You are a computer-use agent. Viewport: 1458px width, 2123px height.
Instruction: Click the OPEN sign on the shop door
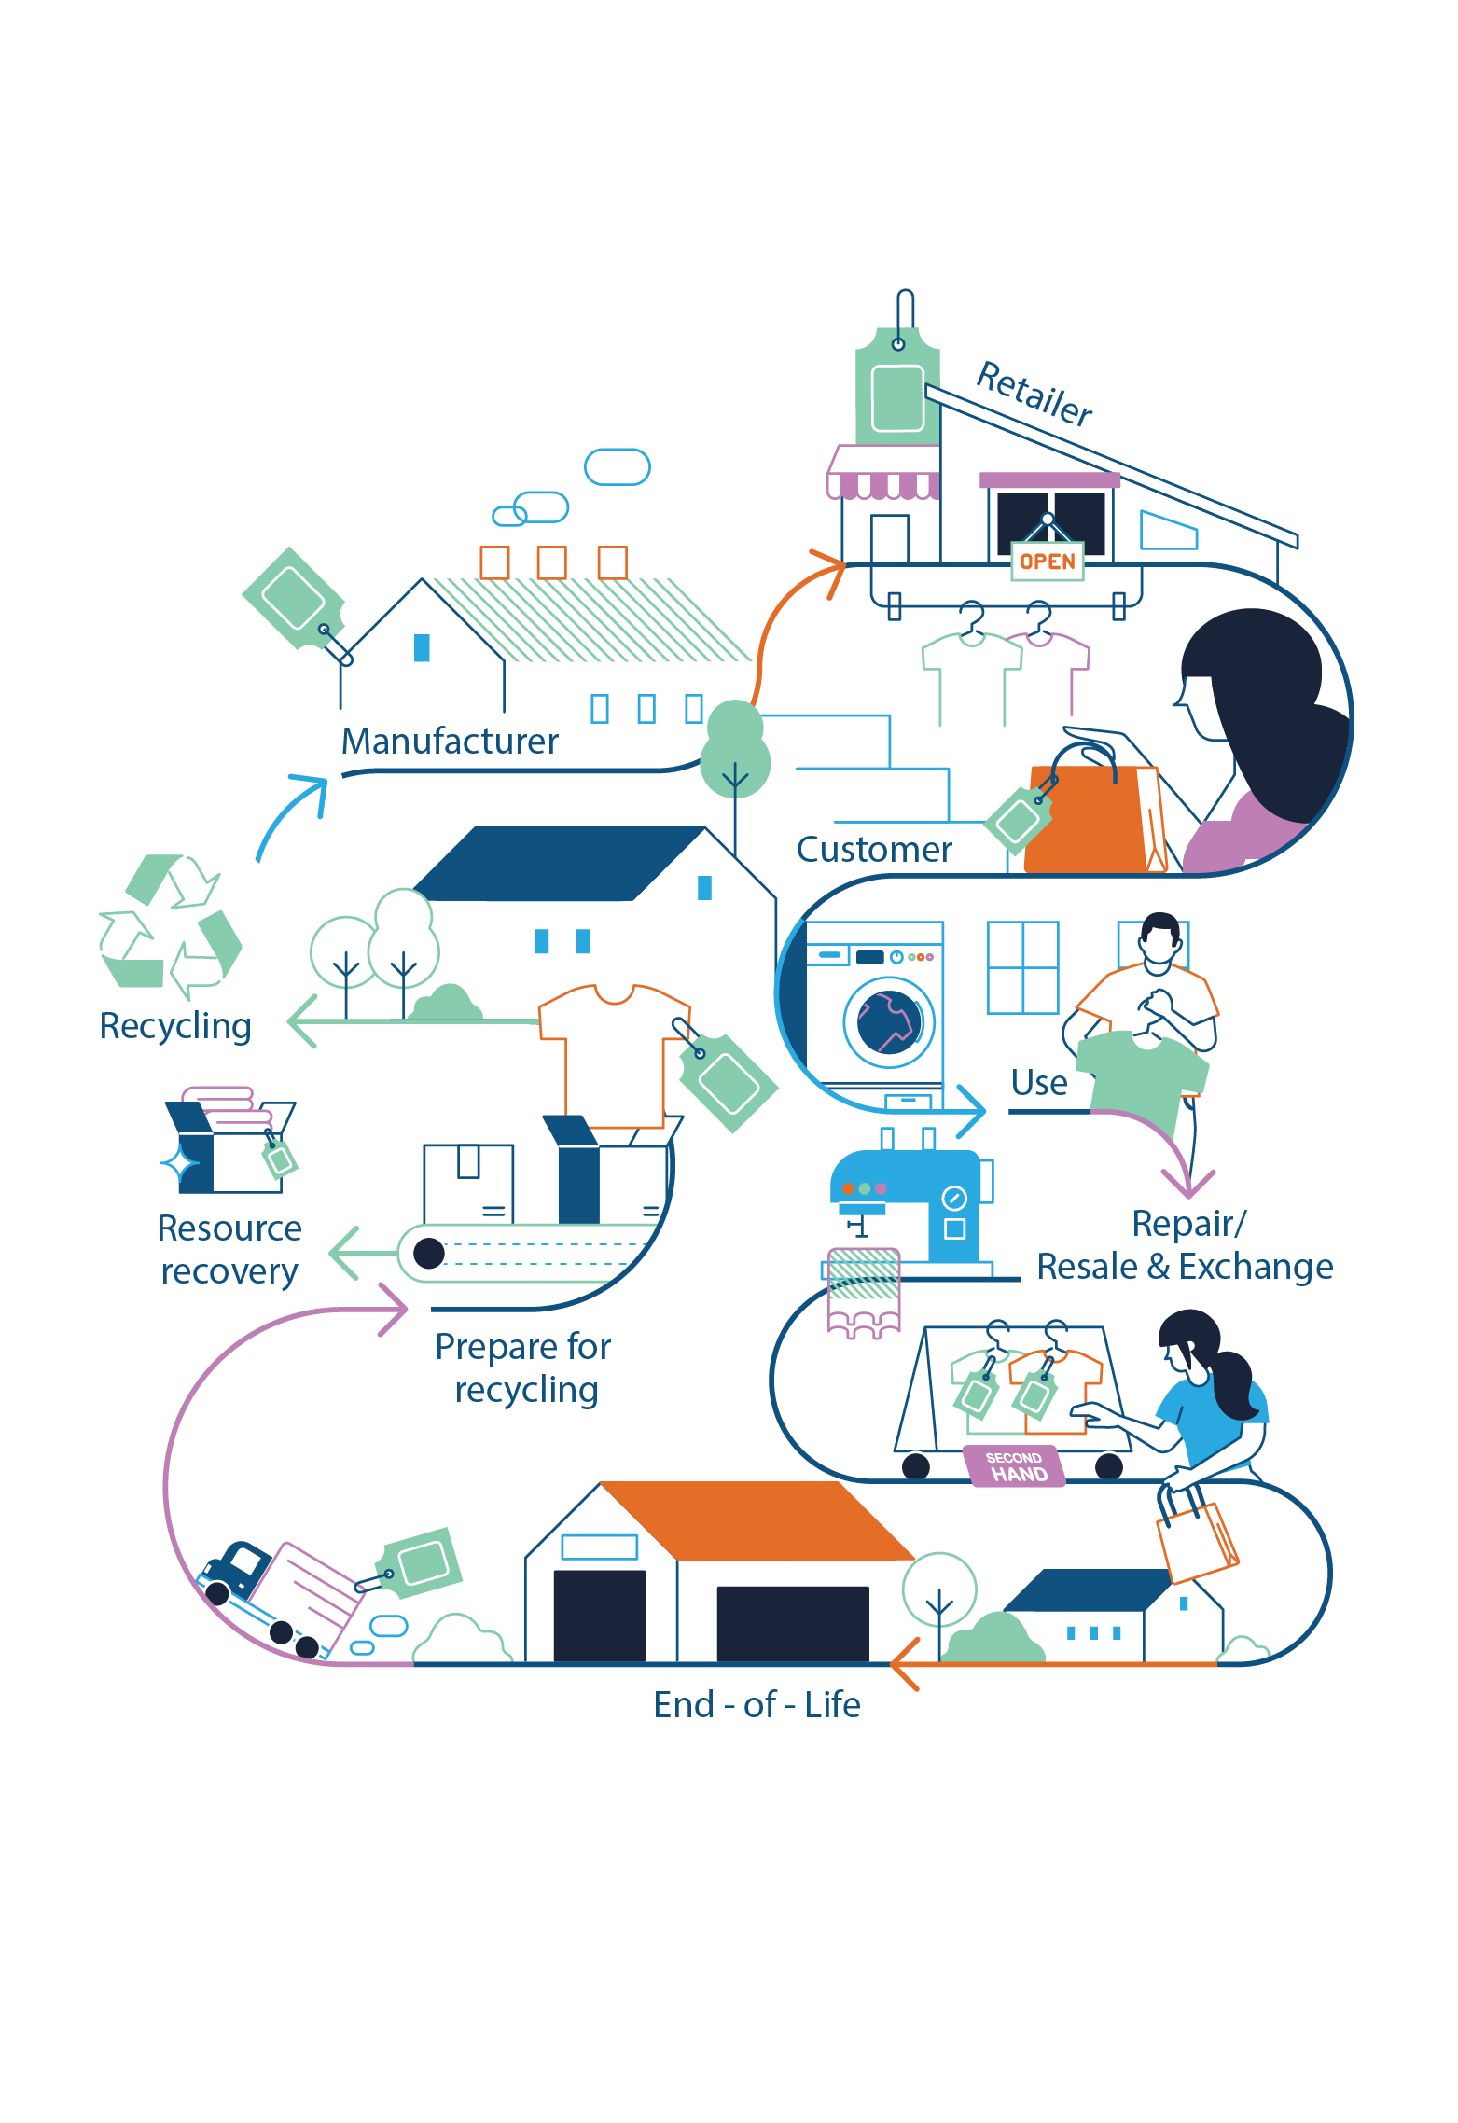tap(1048, 562)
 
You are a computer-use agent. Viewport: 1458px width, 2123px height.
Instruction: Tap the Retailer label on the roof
tap(1034, 394)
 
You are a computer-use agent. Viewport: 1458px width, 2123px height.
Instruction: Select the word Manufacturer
tap(450, 742)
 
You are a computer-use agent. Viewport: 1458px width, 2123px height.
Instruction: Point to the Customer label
tap(874, 850)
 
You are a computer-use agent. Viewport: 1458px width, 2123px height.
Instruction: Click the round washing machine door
tap(889, 1022)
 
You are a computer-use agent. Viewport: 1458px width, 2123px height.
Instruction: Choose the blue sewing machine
tap(911, 1204)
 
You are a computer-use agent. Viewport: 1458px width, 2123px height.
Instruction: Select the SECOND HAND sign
tap(1014, 1465)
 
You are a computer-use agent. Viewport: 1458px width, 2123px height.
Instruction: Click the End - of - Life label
tap(757, 1704)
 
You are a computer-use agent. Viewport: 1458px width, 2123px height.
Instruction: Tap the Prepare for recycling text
tap(523, 1367)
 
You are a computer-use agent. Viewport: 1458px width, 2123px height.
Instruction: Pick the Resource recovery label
tap(229, 1249)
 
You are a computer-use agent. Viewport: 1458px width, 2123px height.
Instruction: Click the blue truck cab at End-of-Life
tap(235, 1567)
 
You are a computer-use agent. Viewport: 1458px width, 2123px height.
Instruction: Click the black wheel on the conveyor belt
tap(429, 1253)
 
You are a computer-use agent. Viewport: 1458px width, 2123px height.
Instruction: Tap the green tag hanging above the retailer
tap(897, 386)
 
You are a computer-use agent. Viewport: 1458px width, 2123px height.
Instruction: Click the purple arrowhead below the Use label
tap(1188, 1183)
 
